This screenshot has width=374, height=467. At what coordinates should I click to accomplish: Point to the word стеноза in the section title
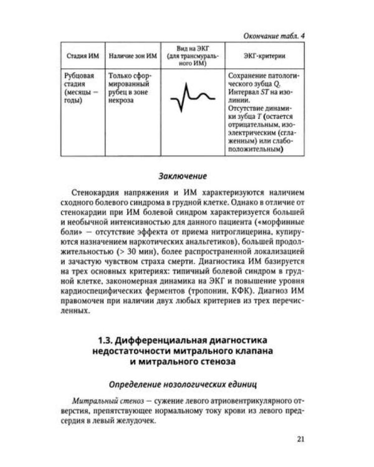click(218, 362)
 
